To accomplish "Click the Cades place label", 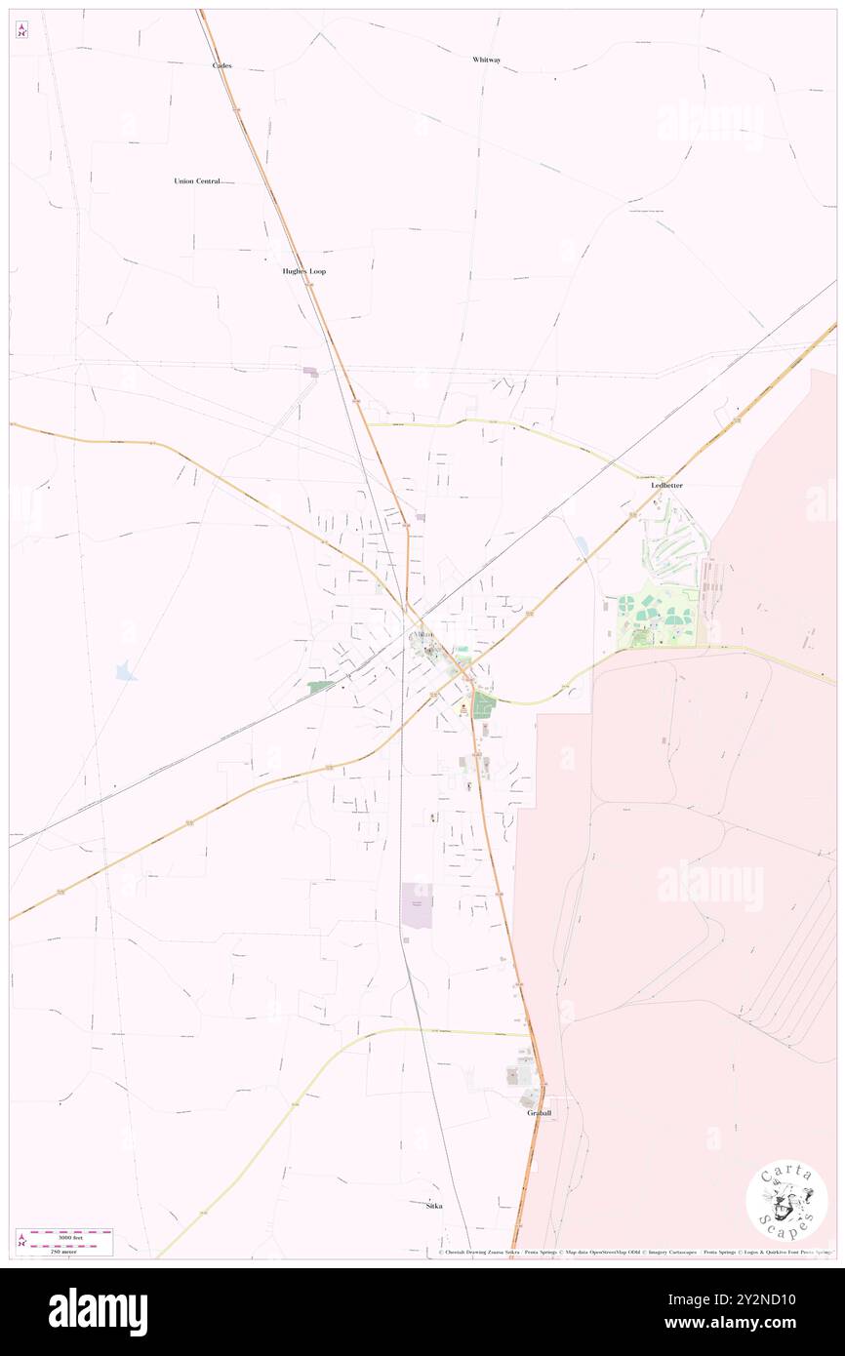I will pyautogui.click(x=222, y=65).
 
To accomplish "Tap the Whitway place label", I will pyautogui.click(x=486, y=60).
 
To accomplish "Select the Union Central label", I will pyautogui.click(x=197, y=181).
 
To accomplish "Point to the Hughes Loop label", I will pyautogui.click(x=298, y=271).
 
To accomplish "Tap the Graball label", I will pyautogui.click(x=540, y=1113).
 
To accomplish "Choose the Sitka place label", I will pyautogui.click(x=434, y=1206).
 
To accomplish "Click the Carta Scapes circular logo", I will pyautogui.click(x=786, y=1200).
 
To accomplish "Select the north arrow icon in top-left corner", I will pyautogui.click(x=21, y=30).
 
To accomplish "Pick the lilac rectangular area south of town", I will pyautogui.click(x=417, y=904).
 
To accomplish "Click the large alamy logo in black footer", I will pyautogui.click(x=98, y=1311).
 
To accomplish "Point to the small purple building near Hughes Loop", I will pyautogui.click(x=310, y=372).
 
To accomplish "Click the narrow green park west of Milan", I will pyautogui.click(x=319, y=687).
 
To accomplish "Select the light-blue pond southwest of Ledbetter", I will pyautogui.click(x=583, y=547).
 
